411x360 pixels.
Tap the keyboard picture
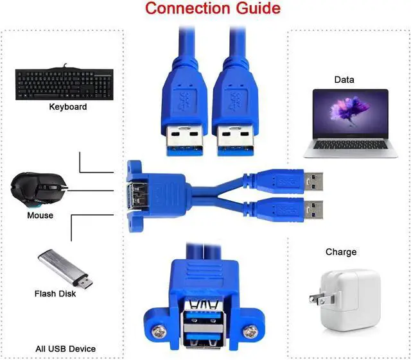[64, 83]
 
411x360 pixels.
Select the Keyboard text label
[67, 107]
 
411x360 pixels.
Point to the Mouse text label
[40, 216]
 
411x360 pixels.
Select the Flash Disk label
[55, 294]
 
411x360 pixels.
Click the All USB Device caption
[65, 349]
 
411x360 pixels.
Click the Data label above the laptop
[344, 80]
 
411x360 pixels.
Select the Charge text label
[340, 252]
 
